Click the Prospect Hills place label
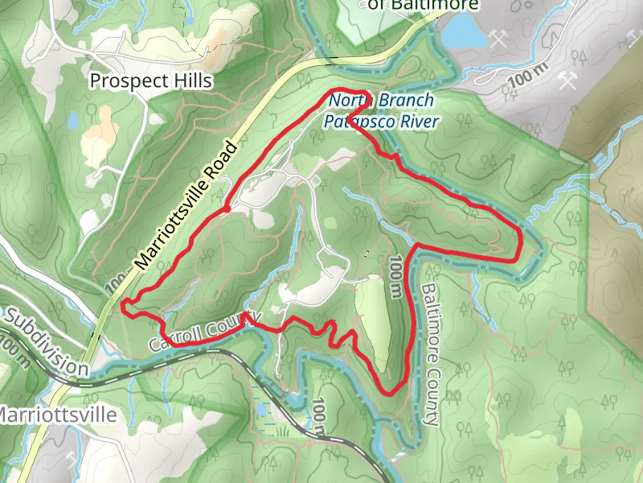click(151, 80)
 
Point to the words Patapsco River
click(381, 122)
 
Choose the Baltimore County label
click(431, 354)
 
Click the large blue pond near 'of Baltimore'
click(465, 31)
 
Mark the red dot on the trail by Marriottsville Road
click(227, 208)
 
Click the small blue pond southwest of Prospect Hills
click(74, 120)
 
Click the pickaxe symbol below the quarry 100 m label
click(568, 80)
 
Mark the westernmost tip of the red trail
click(123, 304)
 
